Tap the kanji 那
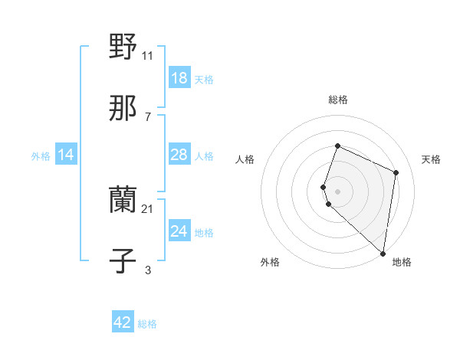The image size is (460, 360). tap(123, 108)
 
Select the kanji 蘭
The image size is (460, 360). tap(123, 201)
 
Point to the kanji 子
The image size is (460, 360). tap(123, 261)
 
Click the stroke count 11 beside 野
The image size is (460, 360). tap(148, 55)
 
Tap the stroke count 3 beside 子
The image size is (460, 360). tap(148, 270)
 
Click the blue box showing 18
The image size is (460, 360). tap(179, 78)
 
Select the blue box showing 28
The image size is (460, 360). tap(179, 155)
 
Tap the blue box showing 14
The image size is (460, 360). tap(66, 155)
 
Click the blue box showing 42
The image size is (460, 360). tap(123, 322)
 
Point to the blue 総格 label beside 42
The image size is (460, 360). tap(147, 324)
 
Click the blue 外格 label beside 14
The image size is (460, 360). tap(41, 156)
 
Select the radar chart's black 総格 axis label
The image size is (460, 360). tap(338, 100)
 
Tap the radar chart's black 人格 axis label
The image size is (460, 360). tap(245, 159)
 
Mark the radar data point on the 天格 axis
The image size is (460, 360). tap(396, 172)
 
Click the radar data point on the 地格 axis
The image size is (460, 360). tap(383, 254)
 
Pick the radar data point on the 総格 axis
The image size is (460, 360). tap(337, 146)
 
